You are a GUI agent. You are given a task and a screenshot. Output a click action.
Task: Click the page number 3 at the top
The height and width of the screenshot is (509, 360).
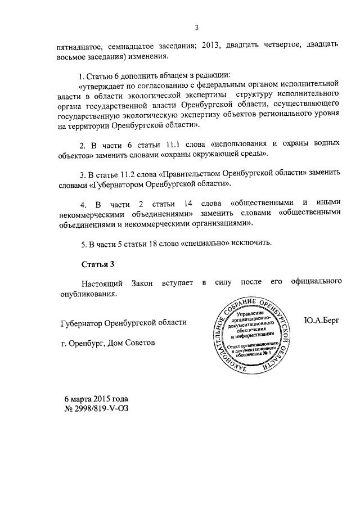(x=197, y=27)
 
